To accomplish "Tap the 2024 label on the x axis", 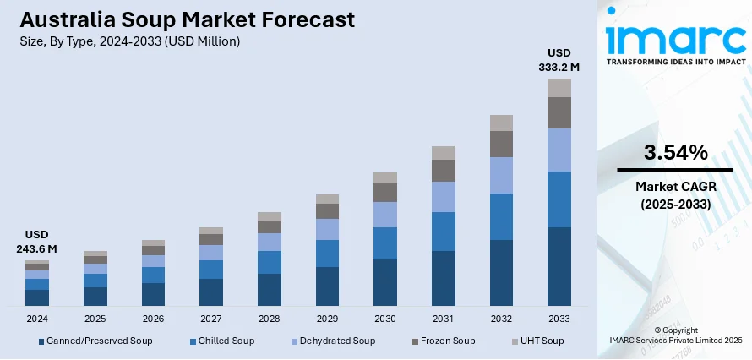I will coord(37,319).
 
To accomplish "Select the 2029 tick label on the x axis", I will coord(327,319).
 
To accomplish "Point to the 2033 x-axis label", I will coord(559,319).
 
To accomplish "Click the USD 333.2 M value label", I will coord(559,59).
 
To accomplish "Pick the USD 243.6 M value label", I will coord(36,242).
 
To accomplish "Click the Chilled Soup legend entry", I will coord(221,341).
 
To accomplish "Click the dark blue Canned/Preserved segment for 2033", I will coord(559,266).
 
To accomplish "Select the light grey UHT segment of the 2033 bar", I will coord(559,87).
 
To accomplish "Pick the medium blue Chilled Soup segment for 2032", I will coord(502,216).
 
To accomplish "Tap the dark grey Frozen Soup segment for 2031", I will coord(444,171).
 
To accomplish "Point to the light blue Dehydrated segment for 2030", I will coord(385,215).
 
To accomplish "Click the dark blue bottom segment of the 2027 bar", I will coord(211,292).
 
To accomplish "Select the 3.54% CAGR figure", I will coord(674,153).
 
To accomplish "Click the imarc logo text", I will coord(674,38).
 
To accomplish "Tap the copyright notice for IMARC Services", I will coord(674,335).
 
